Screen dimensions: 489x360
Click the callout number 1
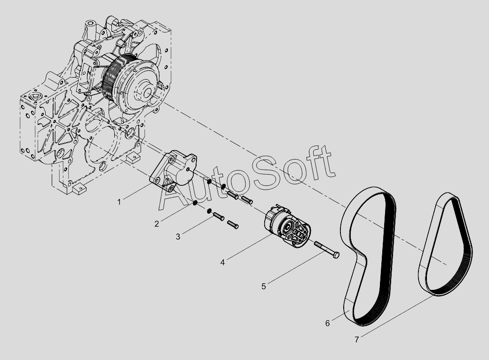(119, 202)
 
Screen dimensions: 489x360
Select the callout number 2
(157, 224)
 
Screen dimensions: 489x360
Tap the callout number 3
(178, 237)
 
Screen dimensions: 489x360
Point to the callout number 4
(222, 263)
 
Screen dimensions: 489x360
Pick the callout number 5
(263, 286)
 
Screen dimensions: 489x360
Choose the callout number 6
(327, 323)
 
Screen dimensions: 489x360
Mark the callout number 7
(357, 339)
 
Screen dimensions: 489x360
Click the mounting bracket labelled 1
(174, 171)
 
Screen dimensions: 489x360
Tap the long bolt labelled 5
(326, 249)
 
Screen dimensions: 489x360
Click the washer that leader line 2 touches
(194, 203)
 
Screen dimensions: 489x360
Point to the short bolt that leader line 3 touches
(219, 216)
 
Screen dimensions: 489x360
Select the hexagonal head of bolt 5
(336, 255)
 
